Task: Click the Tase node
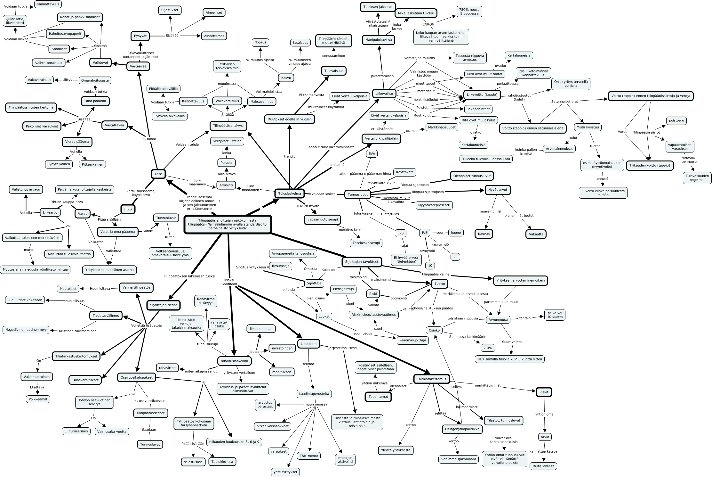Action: click(x=158, y=174)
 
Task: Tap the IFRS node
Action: click(x=128, y=209)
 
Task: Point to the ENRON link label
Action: click(x=428, y=24)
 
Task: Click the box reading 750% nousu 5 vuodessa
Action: click(x=469, y=11)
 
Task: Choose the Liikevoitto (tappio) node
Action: click(x=482, y=95)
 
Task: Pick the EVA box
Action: click(x=372, y=154)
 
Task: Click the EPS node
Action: click(x=400, y=233)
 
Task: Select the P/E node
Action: click(x=425, y=233)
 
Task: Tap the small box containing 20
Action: click(x=455, y=257)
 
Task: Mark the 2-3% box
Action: click(x=488, y=348)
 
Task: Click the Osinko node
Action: click(x=434, y=330)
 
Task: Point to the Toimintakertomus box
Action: click(x=431, y=379)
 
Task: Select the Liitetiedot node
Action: click(x=309, y=344)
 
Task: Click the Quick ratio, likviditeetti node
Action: click(x=15, y=21)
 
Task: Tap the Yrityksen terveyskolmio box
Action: click(x=227, y=67)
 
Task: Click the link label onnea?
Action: click(x=603, y=179)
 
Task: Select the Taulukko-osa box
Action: click(x=223, y=462)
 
